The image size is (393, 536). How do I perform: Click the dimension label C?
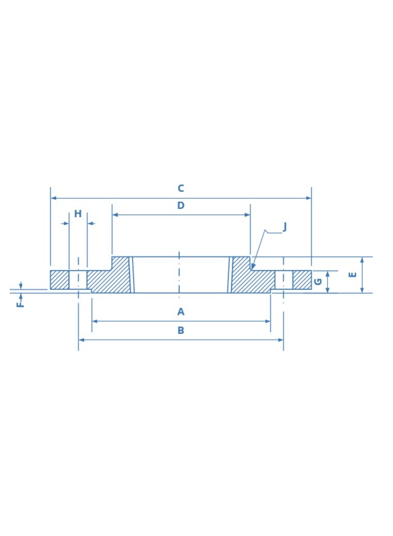[180, 189]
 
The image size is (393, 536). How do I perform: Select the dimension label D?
[180, 206]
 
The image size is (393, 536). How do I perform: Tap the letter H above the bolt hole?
[78, 214]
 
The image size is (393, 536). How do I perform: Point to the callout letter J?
[284, 227]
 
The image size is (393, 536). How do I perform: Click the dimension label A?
[180, 312]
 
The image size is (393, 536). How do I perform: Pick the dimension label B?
[180, 330]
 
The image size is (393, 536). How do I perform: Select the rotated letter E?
[353, 274]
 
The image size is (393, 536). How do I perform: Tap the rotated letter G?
[318, 282]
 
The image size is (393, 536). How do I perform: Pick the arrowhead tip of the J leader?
[252, 268]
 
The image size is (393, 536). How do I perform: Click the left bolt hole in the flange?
[78, 280]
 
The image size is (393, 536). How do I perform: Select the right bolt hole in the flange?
[284, 280]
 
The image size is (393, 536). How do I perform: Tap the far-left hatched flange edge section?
[59, 280]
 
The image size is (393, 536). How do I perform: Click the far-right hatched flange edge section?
[302, 280]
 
